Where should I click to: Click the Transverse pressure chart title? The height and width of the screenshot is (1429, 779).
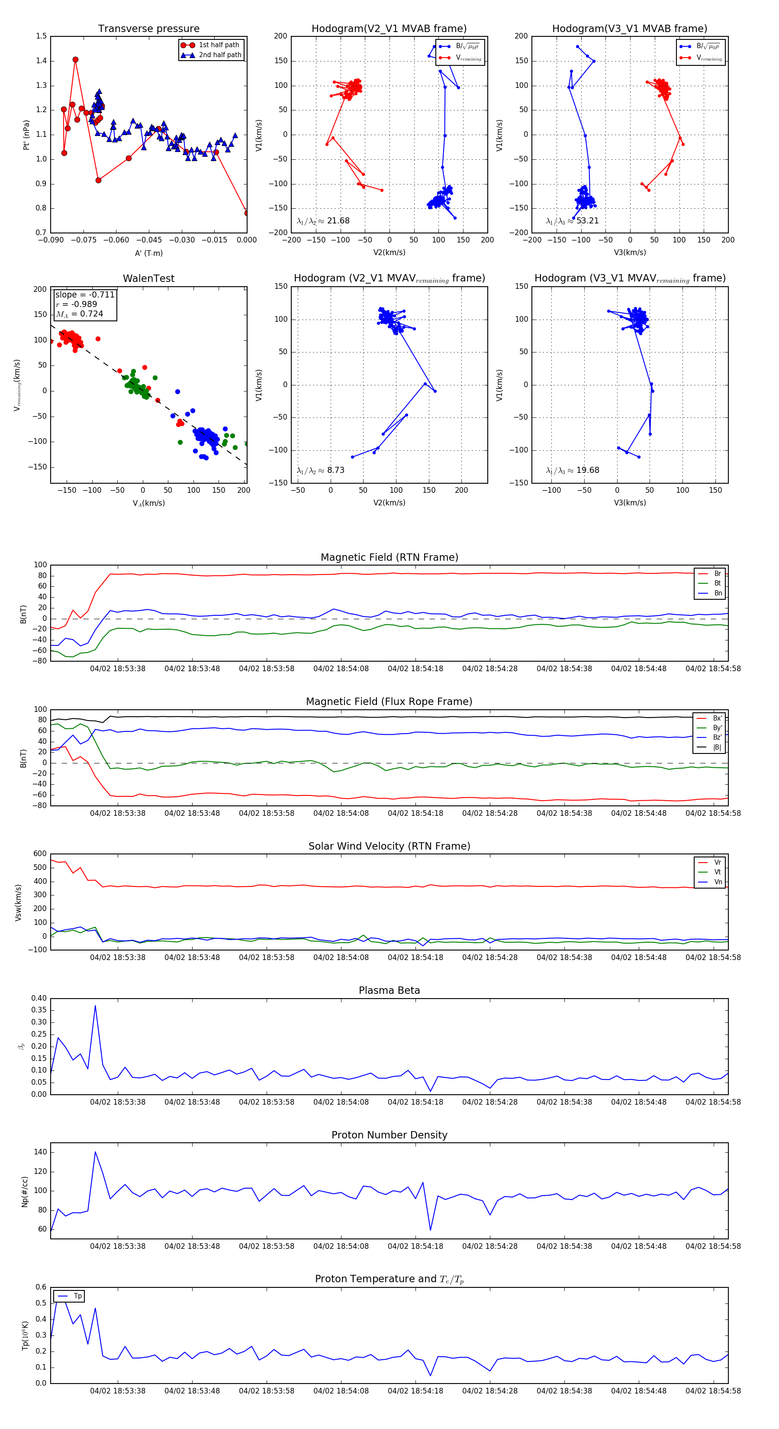[x=148, y=29]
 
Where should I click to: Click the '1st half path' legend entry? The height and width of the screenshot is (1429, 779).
[x=219, y=45]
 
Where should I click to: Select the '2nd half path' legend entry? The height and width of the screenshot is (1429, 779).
[x=219, y=55]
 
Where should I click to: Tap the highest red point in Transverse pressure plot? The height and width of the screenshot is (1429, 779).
[x=75, y=60]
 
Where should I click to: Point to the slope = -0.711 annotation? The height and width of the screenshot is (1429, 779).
[x=84, y=294]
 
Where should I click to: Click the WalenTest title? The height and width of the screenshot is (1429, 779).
[x=148, y=278]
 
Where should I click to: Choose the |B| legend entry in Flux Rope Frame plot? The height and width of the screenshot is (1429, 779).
[x=716, y=747]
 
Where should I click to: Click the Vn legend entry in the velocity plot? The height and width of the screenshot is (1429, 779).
[x=718, y=882]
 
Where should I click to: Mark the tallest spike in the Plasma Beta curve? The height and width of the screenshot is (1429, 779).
[x=95, y=1006]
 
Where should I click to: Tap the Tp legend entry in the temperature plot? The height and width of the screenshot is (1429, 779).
[x=77, y=1296]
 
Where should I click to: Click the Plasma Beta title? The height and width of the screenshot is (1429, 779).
[x=389, y=991]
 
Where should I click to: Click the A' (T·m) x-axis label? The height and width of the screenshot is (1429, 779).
[x=148, y=253]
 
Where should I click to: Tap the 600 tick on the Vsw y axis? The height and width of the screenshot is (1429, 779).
[x=40, y=854]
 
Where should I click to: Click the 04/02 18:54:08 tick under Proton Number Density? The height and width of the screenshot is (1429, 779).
[x=341, y=1247]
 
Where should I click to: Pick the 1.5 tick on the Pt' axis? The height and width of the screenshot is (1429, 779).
[x=42, y=36]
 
